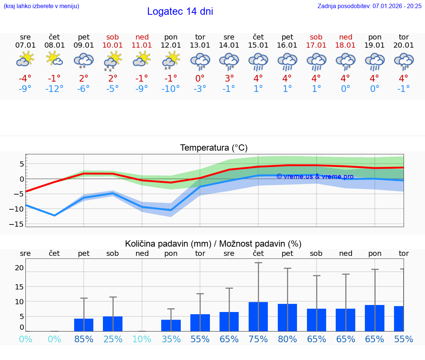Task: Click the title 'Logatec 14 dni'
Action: [x=180, y=11]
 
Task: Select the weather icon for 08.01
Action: [x=54, y=59]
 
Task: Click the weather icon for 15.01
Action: [x=258, y=61]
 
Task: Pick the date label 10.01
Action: [x=113, y=45]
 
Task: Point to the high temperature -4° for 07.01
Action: [x=25, y=78]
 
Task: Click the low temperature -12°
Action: [x=54, y=89]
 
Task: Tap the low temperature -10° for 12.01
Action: [x=171, y=89]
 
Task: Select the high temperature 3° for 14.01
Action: [x=229, y=78]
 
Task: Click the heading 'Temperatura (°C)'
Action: [x=214, y=148]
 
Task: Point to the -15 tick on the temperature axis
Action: [x=19, y=224]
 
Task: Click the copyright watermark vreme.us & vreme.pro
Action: [x=315, y=176]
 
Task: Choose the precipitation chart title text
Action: [x=213, y=244]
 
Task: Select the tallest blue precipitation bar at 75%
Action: [x=258, y=316]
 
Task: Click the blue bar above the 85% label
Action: [x=84, y=325]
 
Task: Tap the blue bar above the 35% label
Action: [x=171, y=325]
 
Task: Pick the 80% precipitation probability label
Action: [x=287, y=339]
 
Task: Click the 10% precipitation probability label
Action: [x=142, y=339]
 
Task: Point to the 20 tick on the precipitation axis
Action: [x=19, y=268]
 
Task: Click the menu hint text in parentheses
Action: [x=41, y=6]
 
